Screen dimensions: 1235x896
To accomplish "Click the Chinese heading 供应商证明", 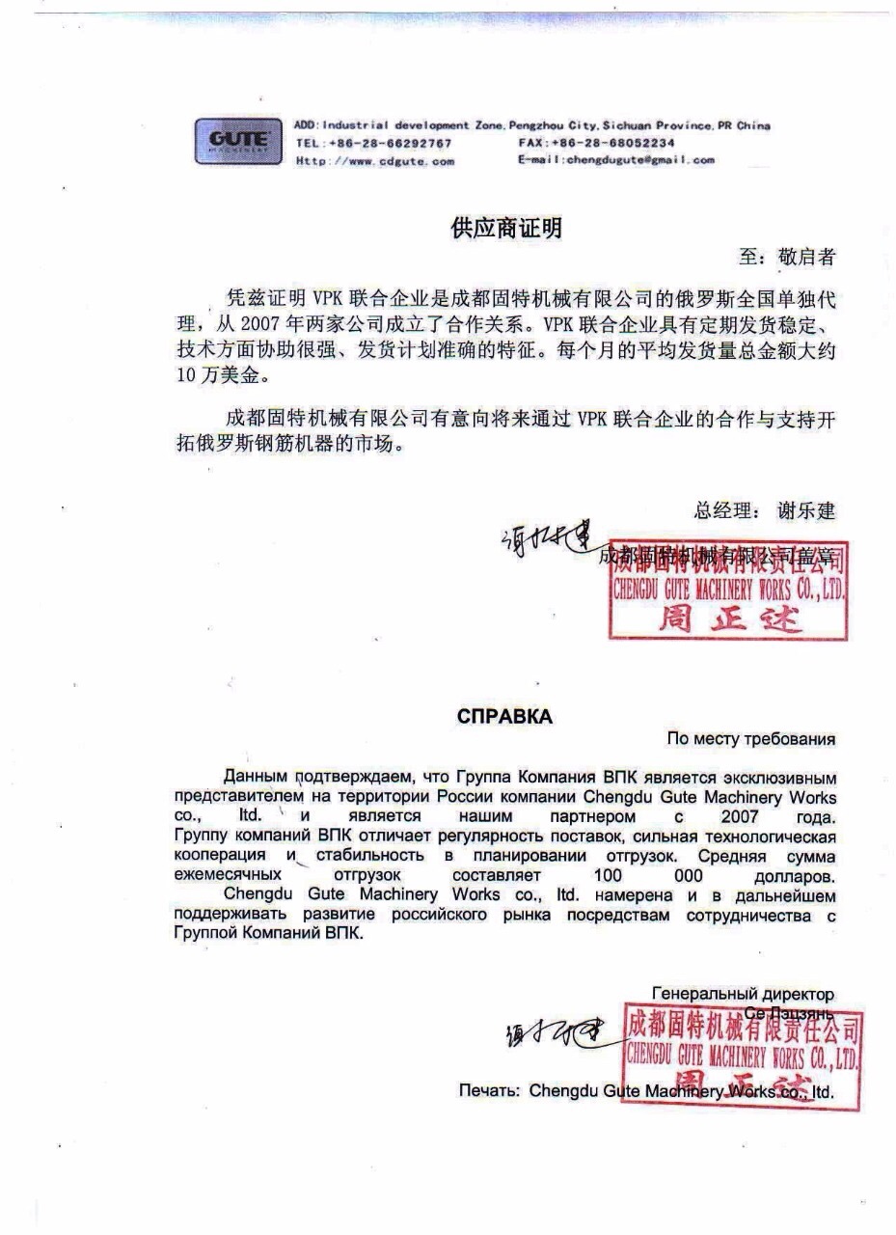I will pyautogui.click(x=505, y=229).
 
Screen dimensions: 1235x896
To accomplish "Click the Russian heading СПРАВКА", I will pyautogui.click(x=504, y=717).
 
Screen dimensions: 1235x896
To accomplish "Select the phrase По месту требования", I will pyautogui.click(x=750, y=739).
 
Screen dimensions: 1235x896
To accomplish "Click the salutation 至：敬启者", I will pyautogui.click(x=787, y=257).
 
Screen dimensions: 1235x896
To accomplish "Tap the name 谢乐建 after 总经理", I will pyautogui.click(x=806, y=510).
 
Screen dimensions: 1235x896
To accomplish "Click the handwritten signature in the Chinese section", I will pyautogui.click(x=544, y=540).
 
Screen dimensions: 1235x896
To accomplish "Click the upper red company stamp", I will pyautogui.click(x=729, y=590).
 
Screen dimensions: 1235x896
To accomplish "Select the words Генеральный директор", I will pyautogui.click(x=743, y=994).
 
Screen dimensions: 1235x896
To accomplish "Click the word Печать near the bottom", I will pyautogui.click(x=489, y=1090).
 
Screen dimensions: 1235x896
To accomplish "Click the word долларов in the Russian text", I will pyautogui.click(x=794, y=877).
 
